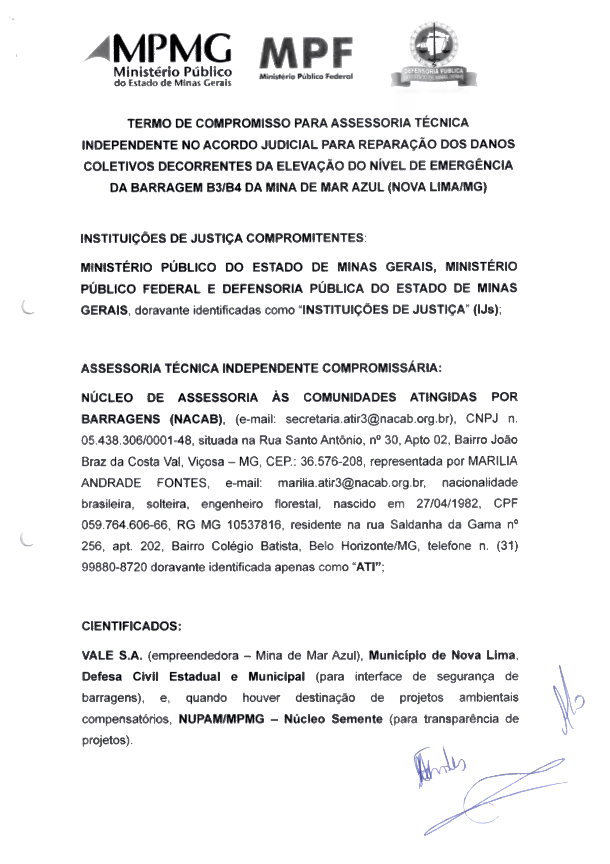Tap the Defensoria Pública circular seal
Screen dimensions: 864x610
434,45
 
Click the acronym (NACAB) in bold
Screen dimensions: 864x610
196,419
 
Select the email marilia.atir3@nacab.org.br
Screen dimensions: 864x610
351,483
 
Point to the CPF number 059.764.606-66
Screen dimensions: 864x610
124,524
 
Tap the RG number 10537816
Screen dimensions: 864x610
254,524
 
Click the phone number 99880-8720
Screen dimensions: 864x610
114,567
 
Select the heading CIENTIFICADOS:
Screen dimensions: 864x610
131,626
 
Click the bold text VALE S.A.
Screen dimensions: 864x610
112,655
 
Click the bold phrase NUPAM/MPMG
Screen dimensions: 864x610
221,719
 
